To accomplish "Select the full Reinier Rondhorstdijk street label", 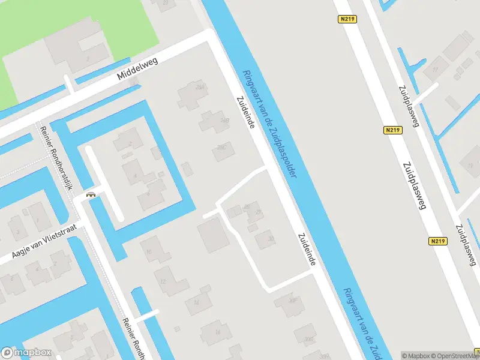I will point(56,158).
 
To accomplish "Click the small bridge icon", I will point(91,194).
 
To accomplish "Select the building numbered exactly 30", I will point(266,239).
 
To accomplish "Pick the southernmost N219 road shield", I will point(438,241).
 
